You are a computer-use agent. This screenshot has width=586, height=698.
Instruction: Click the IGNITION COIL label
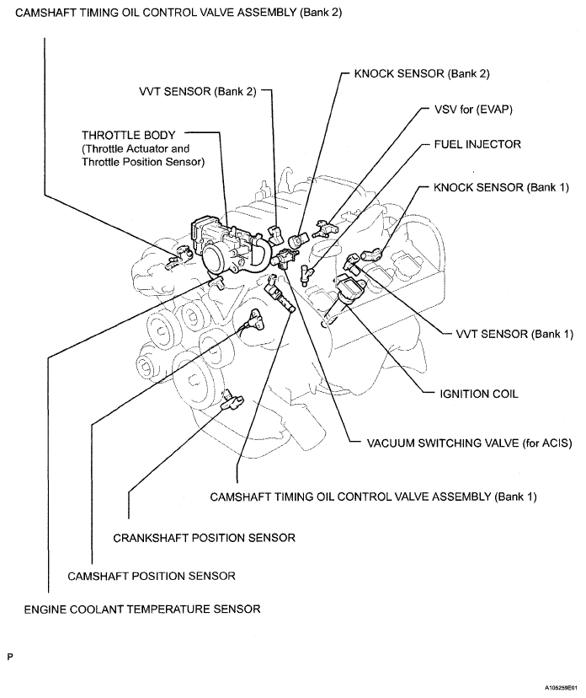pyautogui.click(x=480, y=394)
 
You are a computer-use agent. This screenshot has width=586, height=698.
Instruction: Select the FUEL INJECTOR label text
pyautogui.click(x=477, y=144)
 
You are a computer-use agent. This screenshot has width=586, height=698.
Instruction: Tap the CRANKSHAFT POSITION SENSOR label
pyautogui.click(x=204, y=537)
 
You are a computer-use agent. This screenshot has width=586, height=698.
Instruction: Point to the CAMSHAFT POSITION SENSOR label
pyautogui.click(x=151, y=576)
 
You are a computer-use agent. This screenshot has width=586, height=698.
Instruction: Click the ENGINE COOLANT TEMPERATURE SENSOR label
pyautogui.click(x=141, y=609)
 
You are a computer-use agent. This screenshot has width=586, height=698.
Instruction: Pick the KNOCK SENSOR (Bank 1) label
pyautogui.click(x=490, y=187)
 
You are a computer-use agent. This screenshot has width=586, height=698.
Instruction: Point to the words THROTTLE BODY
pyautogui.click(x=128, y=135)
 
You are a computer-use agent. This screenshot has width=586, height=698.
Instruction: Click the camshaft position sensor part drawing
pyautogui.click(x=253, y=319)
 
